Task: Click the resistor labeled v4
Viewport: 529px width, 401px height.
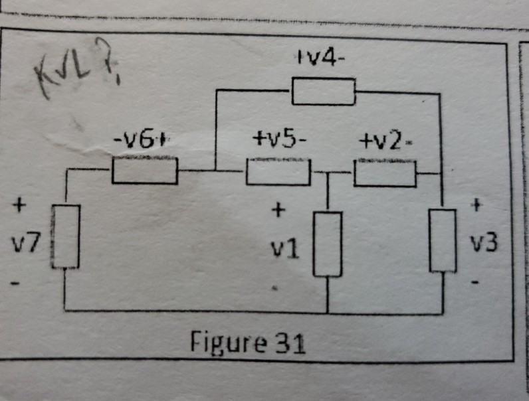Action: [323, 91]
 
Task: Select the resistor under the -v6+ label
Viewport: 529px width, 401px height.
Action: [144, 171]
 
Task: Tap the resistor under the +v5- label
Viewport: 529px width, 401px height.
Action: [278, 172]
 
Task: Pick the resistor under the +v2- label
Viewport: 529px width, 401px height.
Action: [385, 173]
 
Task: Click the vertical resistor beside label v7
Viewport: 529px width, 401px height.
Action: [66, 236]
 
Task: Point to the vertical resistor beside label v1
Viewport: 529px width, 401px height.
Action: [328, 244]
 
